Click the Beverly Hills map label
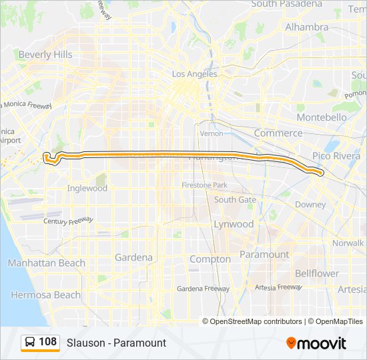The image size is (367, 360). click(45, 55)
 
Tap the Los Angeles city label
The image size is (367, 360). click(195, 74)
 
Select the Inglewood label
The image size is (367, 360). click(87, 188)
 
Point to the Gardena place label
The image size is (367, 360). click(133, 257)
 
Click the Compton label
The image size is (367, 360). click(210, 259)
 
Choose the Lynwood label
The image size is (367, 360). click(234, 224)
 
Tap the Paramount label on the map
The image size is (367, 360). click(264, 254)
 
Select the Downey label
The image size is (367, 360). click(310, 205)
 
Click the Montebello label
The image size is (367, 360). click(322, 117)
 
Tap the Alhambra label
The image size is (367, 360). click(307, 27)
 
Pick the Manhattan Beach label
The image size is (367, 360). click(47, 263)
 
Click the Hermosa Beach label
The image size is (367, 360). click(45, 295)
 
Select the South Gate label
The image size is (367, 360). click(235, 199)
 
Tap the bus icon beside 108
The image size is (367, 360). click(31, 343)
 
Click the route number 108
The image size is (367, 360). click(48, 342)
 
